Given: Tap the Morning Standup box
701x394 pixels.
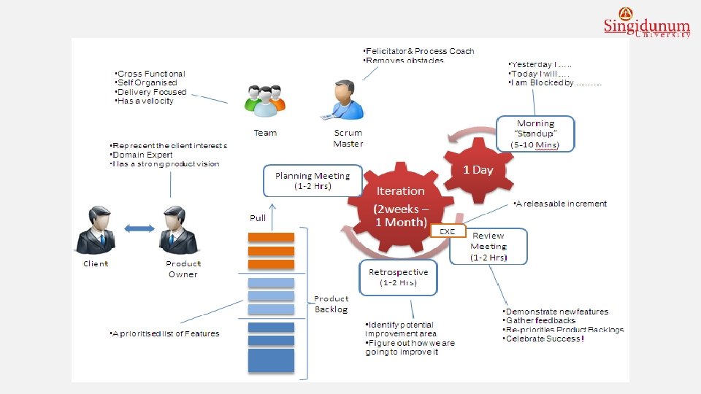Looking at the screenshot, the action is (x=535, y=134).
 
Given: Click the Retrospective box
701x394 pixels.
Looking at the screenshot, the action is (x=398, y=277).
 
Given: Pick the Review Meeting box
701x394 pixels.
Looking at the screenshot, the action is (x=488, y=246).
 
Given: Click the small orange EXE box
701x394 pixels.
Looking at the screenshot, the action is (x=447, y=231).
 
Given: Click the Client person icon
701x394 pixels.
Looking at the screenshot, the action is (x=96, y=230).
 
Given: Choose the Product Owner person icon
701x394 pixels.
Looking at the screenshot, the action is (x=180, y=230).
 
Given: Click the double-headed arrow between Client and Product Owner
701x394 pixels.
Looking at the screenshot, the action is (x=139, y=228).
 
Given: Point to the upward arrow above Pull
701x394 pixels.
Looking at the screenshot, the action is (x=271, y=206).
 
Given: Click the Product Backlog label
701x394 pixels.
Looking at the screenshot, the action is (x=332, y=304).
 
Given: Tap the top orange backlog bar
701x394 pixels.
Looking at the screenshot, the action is (x=271, y=236).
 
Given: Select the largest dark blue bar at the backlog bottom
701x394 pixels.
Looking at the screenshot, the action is (x=271, y=360).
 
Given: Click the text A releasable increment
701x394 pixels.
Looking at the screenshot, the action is (x=561, y=204).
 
